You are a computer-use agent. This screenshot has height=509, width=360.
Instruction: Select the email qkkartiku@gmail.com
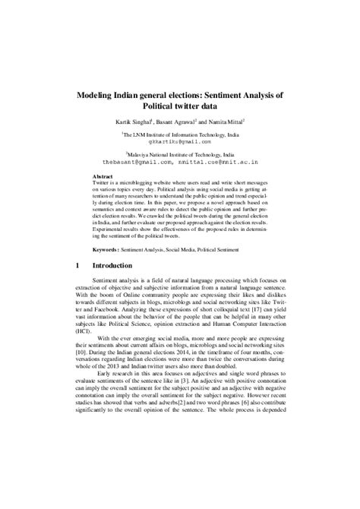180,141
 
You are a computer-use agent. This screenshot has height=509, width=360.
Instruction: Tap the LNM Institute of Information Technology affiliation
180,133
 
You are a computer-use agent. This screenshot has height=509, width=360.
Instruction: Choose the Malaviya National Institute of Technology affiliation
181,153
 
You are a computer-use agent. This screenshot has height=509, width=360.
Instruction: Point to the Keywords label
106,249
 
